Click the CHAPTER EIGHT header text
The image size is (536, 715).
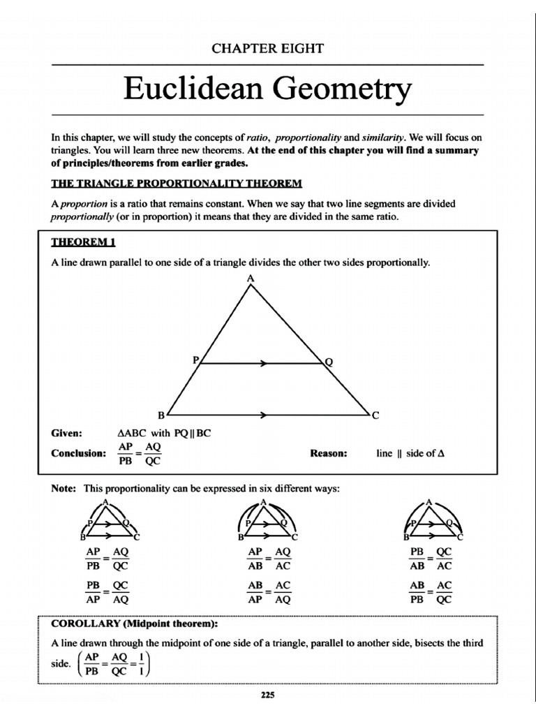click(x=268, y=48)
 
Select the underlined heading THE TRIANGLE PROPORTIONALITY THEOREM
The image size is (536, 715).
click(x=177, y=184)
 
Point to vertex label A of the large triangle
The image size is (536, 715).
click(x=250, y=279)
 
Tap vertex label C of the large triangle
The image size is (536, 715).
click(x=375, y=415)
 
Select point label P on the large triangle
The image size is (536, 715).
click(x=195, y=360)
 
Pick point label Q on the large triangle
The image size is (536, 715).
click(x=329, y=362)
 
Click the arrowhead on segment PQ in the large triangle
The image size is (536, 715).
click(x=264, y=363)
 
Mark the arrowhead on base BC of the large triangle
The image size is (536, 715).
click(x=264, y=415)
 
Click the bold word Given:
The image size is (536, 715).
click(x=67, y=433)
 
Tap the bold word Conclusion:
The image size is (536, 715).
click(x=78, y=453)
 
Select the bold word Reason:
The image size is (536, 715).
click(x=328, y=453)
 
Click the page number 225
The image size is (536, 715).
click(x=267, y=694)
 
